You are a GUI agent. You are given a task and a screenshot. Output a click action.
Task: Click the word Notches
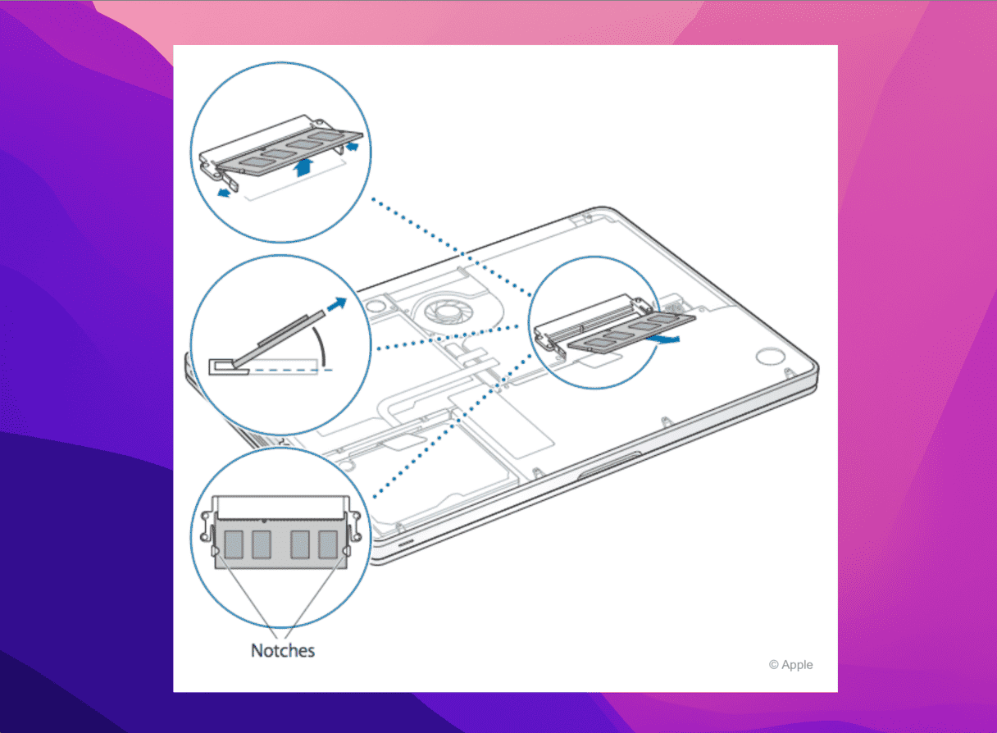283,651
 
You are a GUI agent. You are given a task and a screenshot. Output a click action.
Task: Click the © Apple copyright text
791,665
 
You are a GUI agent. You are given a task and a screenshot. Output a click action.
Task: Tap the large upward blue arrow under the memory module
304,167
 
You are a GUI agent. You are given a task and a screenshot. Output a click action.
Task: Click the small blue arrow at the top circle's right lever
352,146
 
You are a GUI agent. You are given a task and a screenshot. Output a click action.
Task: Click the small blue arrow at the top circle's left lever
224,193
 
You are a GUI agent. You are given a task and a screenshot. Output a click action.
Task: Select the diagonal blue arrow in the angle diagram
336,304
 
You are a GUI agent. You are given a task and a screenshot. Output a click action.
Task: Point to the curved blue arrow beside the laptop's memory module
663,339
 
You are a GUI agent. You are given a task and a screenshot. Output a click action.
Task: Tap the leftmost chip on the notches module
234,544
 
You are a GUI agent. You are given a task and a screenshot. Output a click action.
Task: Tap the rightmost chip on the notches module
328,544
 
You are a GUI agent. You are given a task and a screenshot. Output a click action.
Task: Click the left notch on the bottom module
216,552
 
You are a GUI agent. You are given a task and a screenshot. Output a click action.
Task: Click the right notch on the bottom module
344,552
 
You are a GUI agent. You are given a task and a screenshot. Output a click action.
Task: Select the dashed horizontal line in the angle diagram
290,370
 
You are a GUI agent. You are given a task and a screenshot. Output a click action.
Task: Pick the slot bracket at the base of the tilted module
229,366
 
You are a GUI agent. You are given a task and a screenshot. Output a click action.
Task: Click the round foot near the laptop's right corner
770,356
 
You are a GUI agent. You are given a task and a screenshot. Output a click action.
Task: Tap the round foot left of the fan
376,307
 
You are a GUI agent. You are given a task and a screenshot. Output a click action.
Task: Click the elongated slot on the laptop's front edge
609,465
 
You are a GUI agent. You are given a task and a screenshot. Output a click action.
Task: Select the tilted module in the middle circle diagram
280,339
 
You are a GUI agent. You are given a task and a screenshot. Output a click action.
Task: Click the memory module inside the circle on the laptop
632,333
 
